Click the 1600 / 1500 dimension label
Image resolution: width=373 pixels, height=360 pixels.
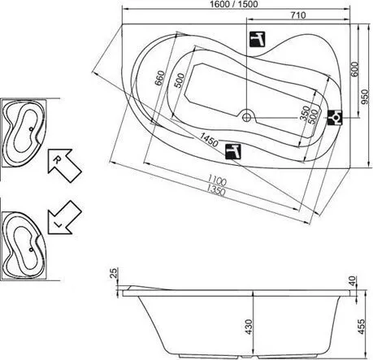[x=234, y=4]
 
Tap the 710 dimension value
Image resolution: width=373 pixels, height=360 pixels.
[x=298, y=15]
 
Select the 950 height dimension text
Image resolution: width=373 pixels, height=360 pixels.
[x=365, y=97]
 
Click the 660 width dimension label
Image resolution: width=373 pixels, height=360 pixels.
[x=160, y=78]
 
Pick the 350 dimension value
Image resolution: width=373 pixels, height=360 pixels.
[x=305, y=113]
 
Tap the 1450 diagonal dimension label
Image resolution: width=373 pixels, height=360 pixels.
[x=209, y=139]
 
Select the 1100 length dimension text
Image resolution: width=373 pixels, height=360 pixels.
[x=217, y=180]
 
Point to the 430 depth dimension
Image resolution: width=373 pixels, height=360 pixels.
[x=249, y=327]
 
